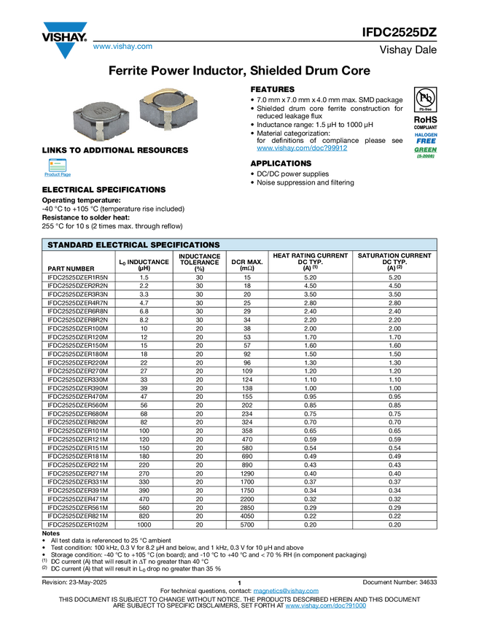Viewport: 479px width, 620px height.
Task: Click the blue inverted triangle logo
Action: (x=65, y=50)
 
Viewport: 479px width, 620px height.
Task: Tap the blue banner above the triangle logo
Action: (x=65, y=27)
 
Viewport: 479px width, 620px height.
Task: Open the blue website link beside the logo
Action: (x=122, y=47)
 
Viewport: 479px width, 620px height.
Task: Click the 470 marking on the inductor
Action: (x=103, y=111)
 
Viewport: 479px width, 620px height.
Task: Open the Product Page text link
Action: (x=58, y=176)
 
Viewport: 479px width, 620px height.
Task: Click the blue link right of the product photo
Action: (x=302, y=149)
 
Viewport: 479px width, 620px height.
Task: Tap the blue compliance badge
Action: (x=426, y=137)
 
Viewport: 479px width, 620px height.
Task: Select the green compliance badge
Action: (x=426, y=152)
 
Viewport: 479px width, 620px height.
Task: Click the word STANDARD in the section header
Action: (x=71, y=245)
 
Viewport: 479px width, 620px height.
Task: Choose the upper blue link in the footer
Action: (x=286, y=591)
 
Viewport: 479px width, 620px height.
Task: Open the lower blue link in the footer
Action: (x=326, y=606)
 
